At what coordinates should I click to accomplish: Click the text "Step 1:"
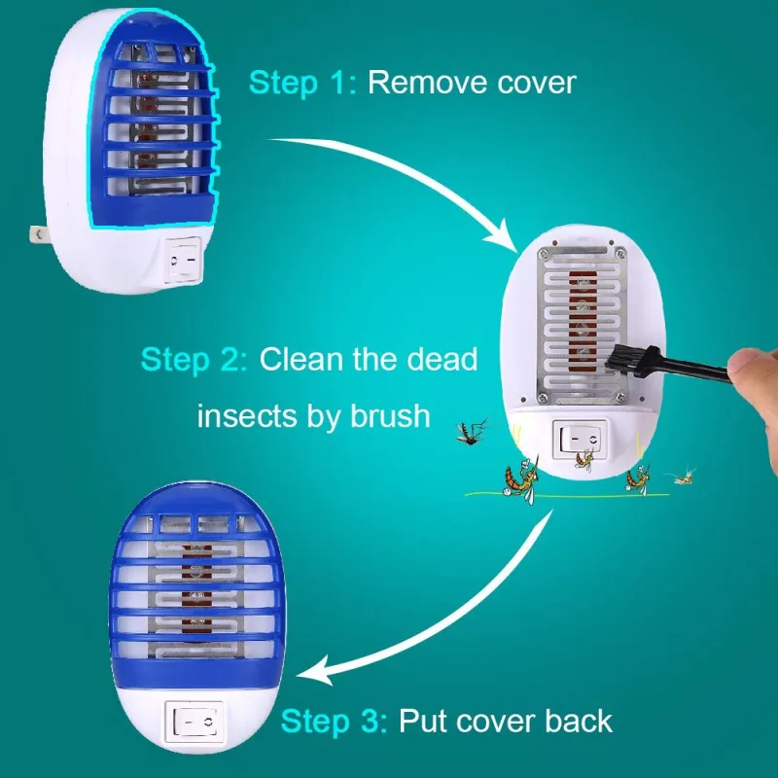[x=302, y=83]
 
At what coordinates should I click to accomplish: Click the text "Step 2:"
[x=194, y=359]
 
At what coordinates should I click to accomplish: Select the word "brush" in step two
[x=390, y=415]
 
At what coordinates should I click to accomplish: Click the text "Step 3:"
[x=334, y=721]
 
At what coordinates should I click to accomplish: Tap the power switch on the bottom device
[x=194, y=723]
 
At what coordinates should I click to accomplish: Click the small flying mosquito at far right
[x=684, y=475]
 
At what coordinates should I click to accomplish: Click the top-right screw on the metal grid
[x=620, y=253]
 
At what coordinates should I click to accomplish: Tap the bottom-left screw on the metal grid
[x=543, y=397]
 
